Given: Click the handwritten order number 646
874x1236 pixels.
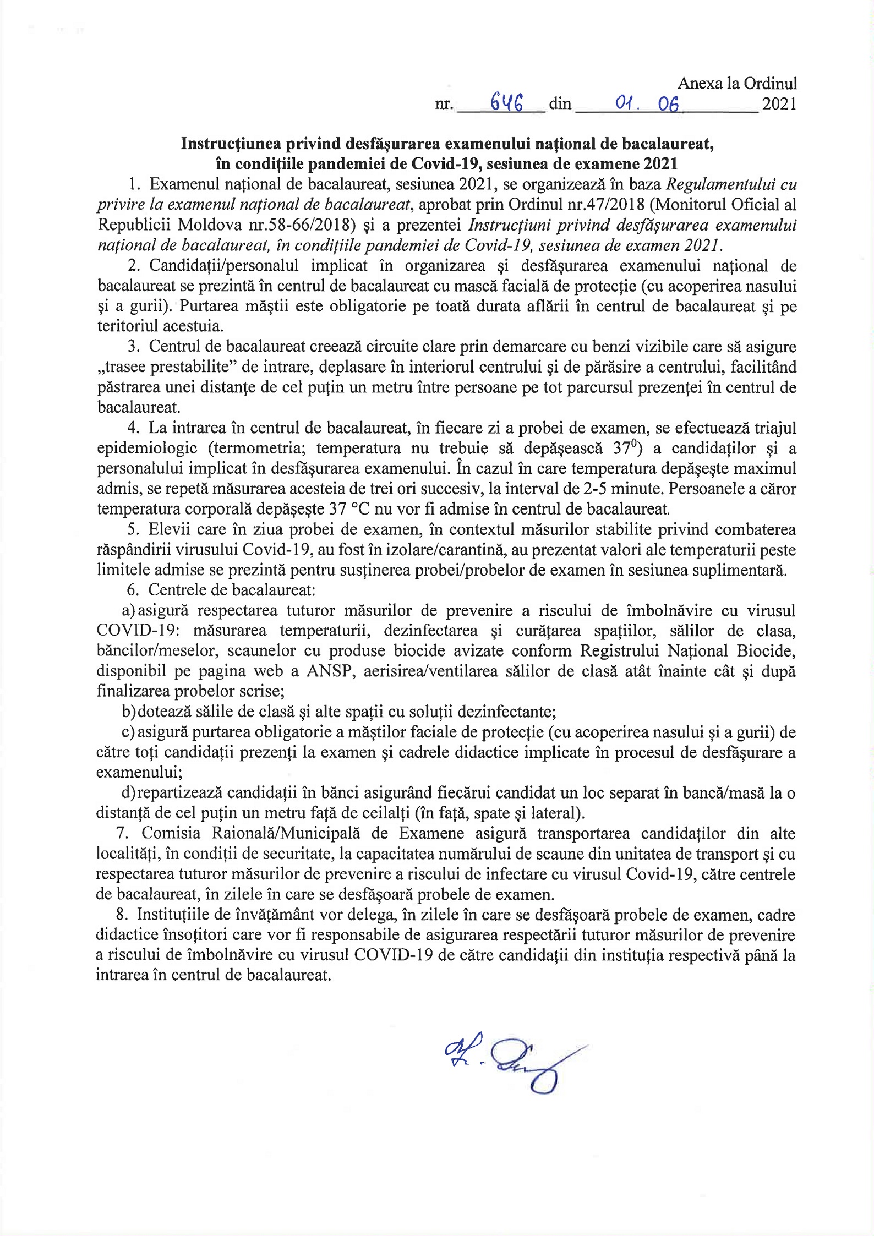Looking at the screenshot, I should pyautogui.click(x=506, y=102).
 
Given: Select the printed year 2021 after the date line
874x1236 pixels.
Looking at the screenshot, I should pyautogui.click(x=779, y=104).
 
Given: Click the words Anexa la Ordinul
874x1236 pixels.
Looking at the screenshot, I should pyautogui.click(x=737, y=84).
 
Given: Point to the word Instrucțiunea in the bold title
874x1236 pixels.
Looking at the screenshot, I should pyautogui.click(x=229, y=144).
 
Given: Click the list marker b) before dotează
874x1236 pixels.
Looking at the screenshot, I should pyautogui.click(x=129, y=712).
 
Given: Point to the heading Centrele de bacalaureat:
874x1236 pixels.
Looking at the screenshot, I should pyautogui.click(x=231, y=590).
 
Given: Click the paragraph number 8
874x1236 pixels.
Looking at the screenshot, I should pyautogui.click(x=121, y=915).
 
